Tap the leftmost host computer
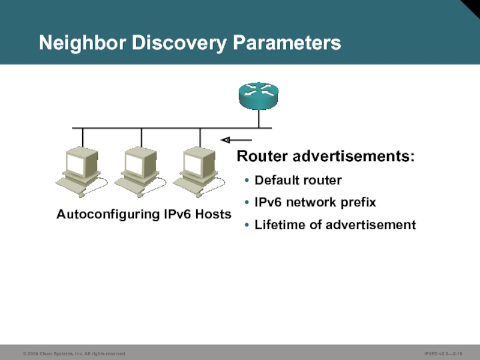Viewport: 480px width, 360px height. pos(81,170)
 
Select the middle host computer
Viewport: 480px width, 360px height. pos(140,170)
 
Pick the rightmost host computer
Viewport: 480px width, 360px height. pos(199,170)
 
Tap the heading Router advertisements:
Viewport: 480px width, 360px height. pos(326,157)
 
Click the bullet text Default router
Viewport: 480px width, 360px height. pos(298,180)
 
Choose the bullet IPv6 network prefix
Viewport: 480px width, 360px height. pos(315,202)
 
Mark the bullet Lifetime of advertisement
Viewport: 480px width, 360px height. pos(335,225)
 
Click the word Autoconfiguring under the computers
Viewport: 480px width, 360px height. pos(108,214)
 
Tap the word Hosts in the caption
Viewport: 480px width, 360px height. pos(213,214)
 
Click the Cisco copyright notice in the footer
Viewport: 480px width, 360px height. pos(74,354)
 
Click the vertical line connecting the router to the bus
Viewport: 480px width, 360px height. pos(259,119)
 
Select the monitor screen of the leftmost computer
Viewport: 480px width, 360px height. pos(79,164)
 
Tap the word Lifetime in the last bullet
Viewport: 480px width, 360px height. pos(277,225)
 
